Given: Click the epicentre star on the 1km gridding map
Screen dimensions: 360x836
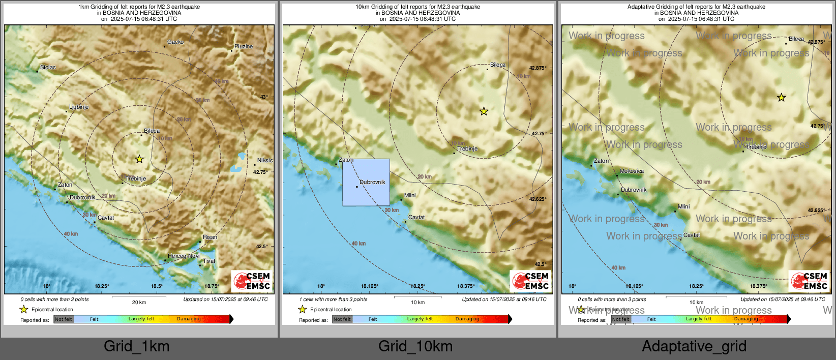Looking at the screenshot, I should pos(139,159).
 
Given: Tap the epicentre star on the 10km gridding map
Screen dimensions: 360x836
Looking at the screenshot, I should pos(484,111).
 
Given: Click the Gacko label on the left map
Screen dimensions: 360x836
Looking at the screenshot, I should pos(175,42).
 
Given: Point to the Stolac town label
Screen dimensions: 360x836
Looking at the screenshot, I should pos(48,67).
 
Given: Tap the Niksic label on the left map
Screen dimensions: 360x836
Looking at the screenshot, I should pos(264,160).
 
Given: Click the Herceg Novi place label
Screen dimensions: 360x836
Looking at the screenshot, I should pos(184,256).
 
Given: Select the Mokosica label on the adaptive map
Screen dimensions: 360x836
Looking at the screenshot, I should pos(632,171).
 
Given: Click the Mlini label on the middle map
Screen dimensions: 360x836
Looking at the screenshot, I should pos(410,195).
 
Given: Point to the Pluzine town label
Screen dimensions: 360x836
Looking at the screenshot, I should pos(243,46).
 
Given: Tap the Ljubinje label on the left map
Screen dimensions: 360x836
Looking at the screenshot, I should pos(79,107).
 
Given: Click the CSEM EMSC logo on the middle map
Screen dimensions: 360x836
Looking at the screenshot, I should pos(531,281).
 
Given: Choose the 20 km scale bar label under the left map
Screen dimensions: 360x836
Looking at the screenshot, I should pos(139,302).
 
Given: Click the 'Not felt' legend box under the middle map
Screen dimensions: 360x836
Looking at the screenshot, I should pos(342,319).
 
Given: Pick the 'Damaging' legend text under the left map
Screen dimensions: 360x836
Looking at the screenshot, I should pos(189,319).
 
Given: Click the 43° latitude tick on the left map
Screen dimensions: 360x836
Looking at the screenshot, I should pos(263,97).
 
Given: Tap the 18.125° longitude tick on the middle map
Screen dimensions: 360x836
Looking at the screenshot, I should pos(370,286).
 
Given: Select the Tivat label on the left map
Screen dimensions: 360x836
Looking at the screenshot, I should pos(209,261).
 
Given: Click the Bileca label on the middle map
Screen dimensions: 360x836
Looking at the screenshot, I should pos(498,65).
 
